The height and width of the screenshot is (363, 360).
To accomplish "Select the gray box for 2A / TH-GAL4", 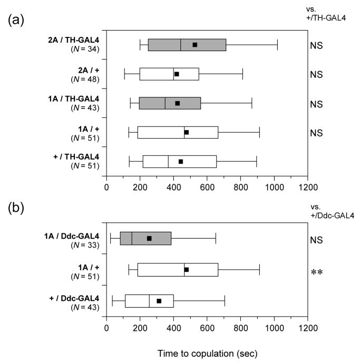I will point(187,45).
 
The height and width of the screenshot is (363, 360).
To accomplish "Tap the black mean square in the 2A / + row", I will point(177,74).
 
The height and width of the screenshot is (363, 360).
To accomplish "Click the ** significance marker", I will point(316,273).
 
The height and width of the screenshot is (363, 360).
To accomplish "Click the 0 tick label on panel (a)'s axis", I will point(106,186).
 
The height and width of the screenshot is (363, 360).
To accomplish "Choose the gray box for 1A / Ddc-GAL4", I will point(145,238).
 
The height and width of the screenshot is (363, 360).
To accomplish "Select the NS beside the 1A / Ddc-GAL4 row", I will point(316,240).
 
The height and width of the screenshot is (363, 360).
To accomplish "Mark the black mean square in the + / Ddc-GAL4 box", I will point(159,301).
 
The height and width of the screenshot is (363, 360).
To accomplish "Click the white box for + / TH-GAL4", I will point(179,161).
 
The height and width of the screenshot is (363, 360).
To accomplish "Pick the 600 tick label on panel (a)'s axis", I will point(207,186).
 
